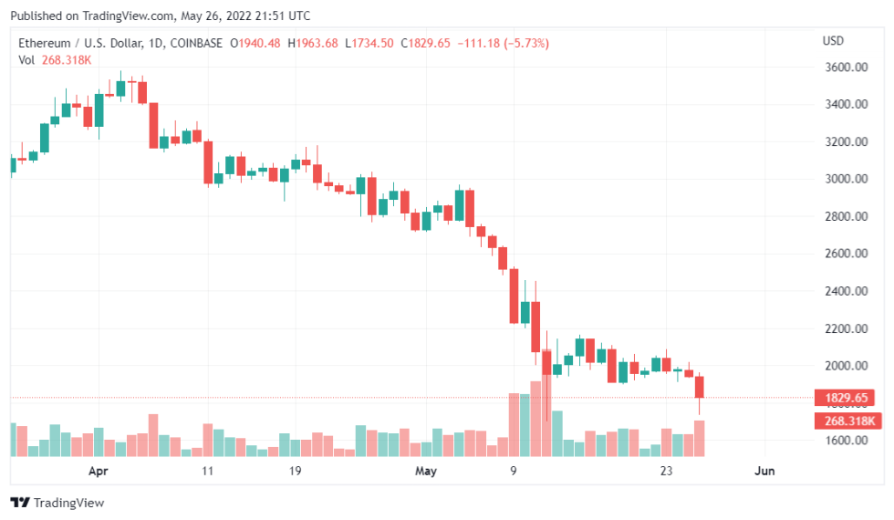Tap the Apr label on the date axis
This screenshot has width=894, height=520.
coord(99,471)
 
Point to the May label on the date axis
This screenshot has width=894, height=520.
coord(426,471)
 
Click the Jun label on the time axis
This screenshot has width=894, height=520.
coord(764,471)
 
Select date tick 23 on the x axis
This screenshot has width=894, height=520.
coord(667,471)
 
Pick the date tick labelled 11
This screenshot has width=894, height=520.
coord(208,471)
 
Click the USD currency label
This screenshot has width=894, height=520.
coord(833,41)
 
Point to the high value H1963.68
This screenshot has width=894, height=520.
coord(313,44)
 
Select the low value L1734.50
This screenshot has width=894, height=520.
coord(369,44)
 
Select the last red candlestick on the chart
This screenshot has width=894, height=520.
coord(700,387)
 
